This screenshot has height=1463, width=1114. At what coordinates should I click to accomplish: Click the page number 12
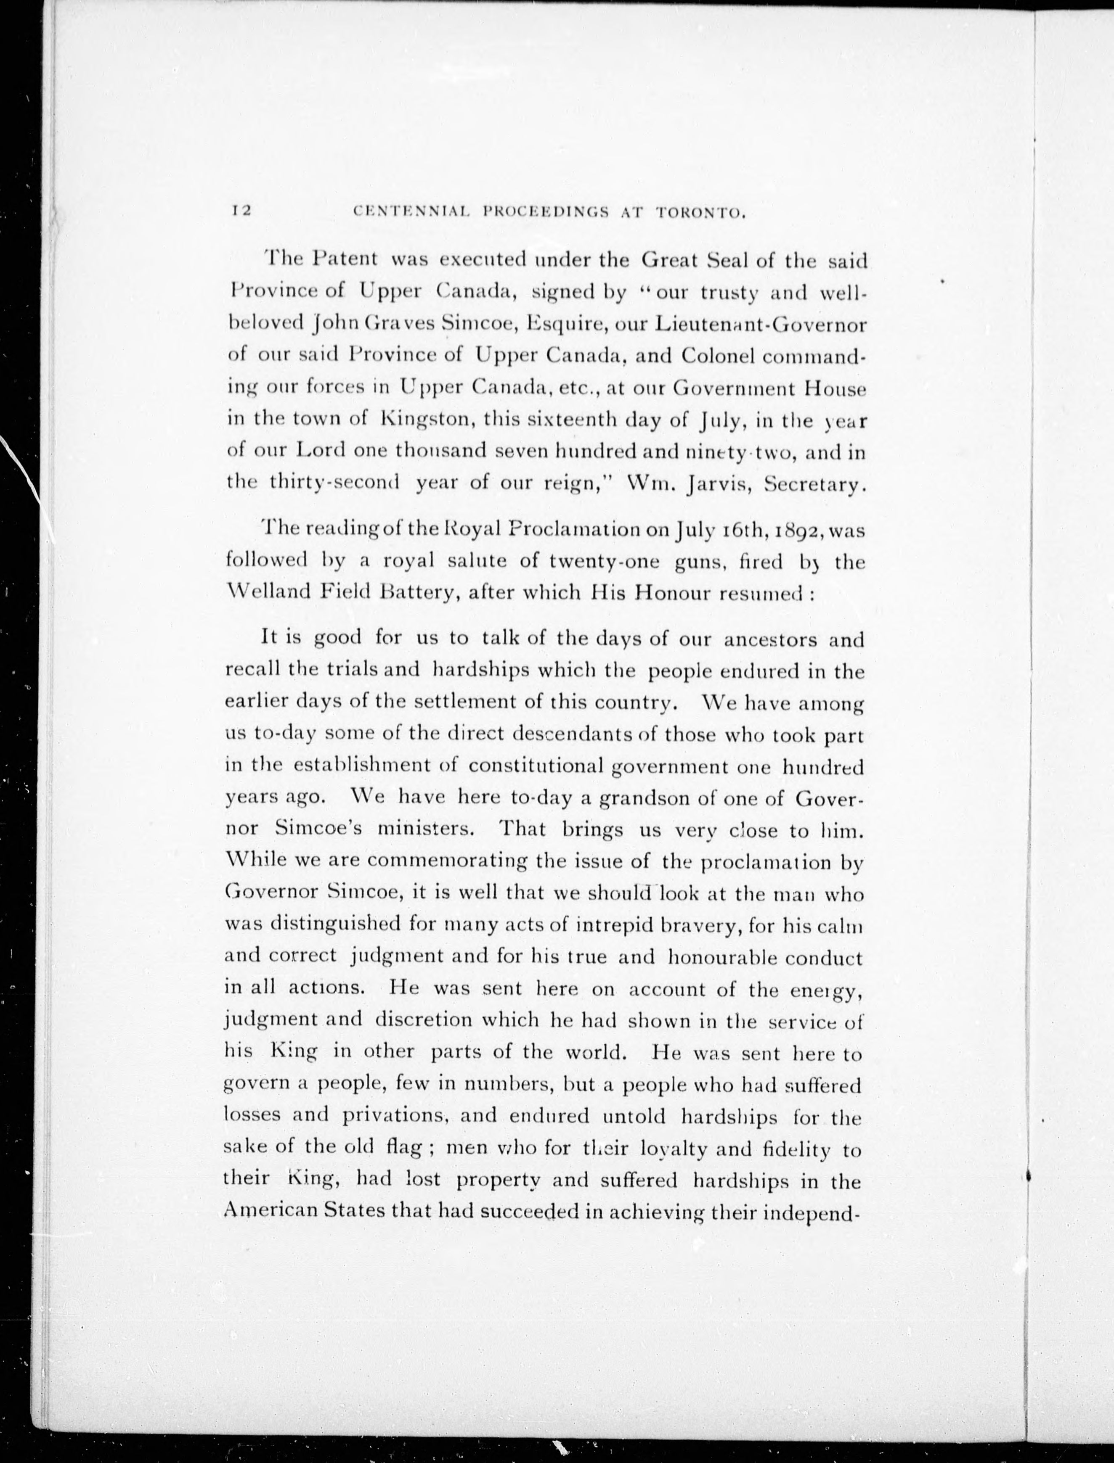(x=240, y=211)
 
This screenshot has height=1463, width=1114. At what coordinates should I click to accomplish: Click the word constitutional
(x=536, y=767)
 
